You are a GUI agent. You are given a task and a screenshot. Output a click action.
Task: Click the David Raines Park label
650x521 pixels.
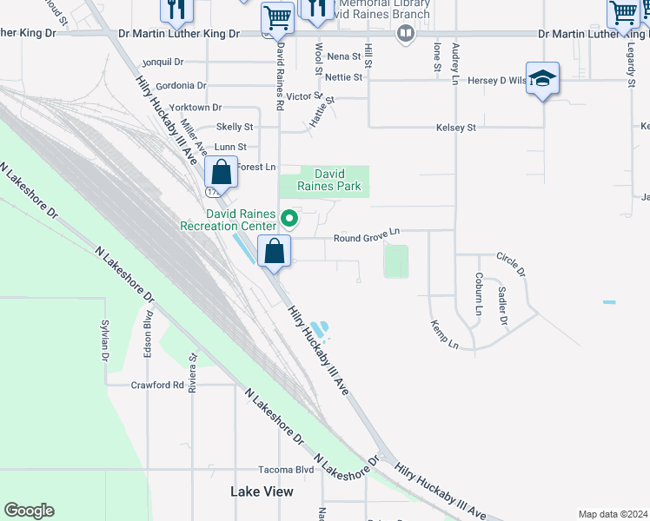tap(324, 180)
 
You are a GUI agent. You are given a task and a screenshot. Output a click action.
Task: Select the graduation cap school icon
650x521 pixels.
tap(542, 80)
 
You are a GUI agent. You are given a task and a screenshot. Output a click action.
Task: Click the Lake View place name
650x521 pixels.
tap(262, 491)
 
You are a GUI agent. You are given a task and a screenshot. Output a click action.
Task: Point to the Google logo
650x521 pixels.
tap(29, 511)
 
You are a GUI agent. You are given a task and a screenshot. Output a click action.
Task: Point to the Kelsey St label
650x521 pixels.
tap(456, 128)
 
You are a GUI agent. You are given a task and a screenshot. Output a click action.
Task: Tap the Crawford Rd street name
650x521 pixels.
tap(157, 385)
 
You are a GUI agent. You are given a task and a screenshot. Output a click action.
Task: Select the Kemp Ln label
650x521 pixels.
tap(444, 334)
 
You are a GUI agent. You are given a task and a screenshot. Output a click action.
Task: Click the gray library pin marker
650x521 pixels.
tap(404, 34)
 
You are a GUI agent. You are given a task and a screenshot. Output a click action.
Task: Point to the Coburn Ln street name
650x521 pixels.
tap(479, 294)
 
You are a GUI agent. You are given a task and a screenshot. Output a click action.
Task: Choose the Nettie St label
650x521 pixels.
tap(345, 77)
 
